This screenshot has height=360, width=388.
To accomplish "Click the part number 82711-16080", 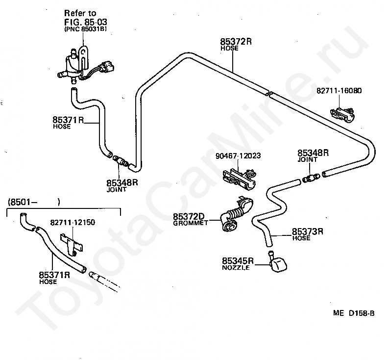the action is pyautogui.click(x=339, y=91).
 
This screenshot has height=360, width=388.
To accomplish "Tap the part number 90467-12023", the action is pyautogui.click(x=238, y=156).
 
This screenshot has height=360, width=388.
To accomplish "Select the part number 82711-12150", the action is pyautogui.click(x=73, y=222).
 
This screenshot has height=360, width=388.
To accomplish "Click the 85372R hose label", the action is pyautogui.click(x=236, y=44).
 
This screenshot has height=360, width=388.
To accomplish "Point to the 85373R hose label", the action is pyautogui.click(x=307, y=234).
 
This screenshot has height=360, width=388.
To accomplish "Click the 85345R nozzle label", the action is pyautogui.click(x=238, y=263).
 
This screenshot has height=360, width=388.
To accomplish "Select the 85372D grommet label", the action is pyautogui.click(x=190, y=219).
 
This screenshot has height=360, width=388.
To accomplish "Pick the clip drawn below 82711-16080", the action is pyautogui.click(x=343, y=114).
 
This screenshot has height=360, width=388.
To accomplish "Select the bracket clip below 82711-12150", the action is pyautogui.click(x=72, y=244).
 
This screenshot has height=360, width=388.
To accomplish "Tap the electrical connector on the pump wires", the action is pyautogui.click(x=106, y=67).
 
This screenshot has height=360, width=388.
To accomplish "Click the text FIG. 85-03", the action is pyautogui.click(x=86, y=22).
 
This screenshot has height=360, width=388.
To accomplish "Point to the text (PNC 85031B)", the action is pyautogui.click(x=85, y=29).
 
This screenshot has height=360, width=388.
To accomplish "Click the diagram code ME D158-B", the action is pyautogui.click(x=354, y=313).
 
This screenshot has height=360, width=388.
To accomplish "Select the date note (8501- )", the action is pyautogui.click(x=34, y=202).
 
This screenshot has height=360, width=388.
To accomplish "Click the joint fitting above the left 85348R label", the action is pyautogui.click(x=120, y=160).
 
